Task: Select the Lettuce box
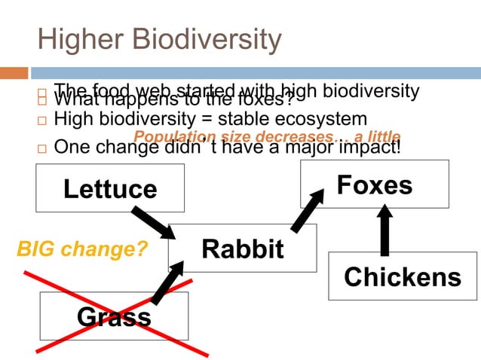110,188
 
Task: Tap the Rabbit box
242,248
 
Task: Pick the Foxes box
375,185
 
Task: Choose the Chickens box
403,276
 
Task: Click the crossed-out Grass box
114,316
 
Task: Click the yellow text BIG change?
82,249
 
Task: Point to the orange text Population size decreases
233,136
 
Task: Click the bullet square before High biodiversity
41,121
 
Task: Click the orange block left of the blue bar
14,73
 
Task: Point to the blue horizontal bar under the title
256,73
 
